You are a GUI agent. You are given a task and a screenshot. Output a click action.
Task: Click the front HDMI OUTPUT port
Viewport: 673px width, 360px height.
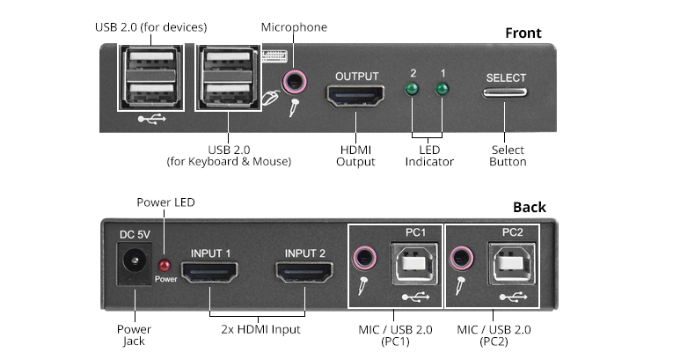coord(356,96)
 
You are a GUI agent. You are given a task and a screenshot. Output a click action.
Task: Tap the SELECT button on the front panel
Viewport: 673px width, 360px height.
coord(506,92)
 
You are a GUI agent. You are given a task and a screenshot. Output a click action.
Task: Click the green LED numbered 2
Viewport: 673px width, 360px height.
coord(411,90)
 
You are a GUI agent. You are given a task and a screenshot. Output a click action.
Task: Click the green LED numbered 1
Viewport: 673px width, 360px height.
coord(442,90)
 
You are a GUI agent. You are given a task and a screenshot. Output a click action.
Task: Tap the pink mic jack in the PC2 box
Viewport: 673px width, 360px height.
coord(458,259)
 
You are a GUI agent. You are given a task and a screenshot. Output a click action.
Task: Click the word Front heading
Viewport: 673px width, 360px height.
coord(523,33)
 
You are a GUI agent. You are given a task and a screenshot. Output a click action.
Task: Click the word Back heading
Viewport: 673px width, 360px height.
coord(530,208)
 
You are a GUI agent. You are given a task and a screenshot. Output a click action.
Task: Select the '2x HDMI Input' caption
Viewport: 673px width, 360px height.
coord(260,329)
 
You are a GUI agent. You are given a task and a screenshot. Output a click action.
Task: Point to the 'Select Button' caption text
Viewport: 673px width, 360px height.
coord(508,156)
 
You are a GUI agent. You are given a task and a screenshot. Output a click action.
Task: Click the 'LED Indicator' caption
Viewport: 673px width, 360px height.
coord(429,156)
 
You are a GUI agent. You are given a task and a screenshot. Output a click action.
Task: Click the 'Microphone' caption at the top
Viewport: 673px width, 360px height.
coord(294,27)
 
